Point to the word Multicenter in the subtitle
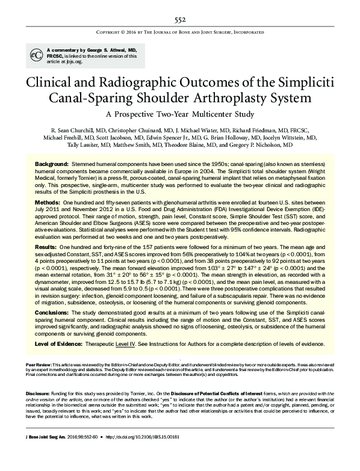point(214,115)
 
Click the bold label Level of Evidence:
point(60,343)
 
